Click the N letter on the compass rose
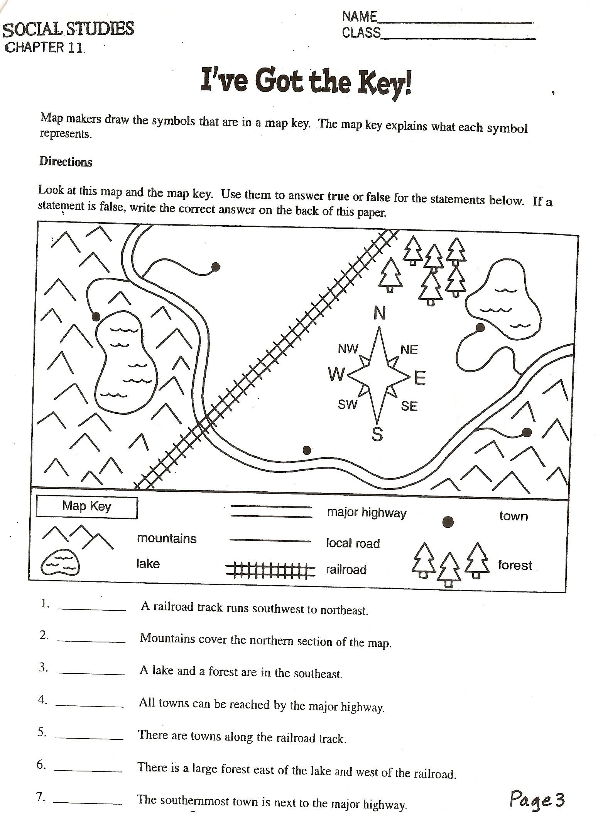point(380,313)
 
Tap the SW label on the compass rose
point(348,404)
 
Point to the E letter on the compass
point(420,378)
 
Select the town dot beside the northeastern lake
point(480,328)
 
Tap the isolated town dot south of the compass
point(307,450)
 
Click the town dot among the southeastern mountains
point(527,432)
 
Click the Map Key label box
point(87,507)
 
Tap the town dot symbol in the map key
point(448,522)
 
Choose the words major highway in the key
point(367,513)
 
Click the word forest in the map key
point(515,566)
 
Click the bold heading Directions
point(66,162)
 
